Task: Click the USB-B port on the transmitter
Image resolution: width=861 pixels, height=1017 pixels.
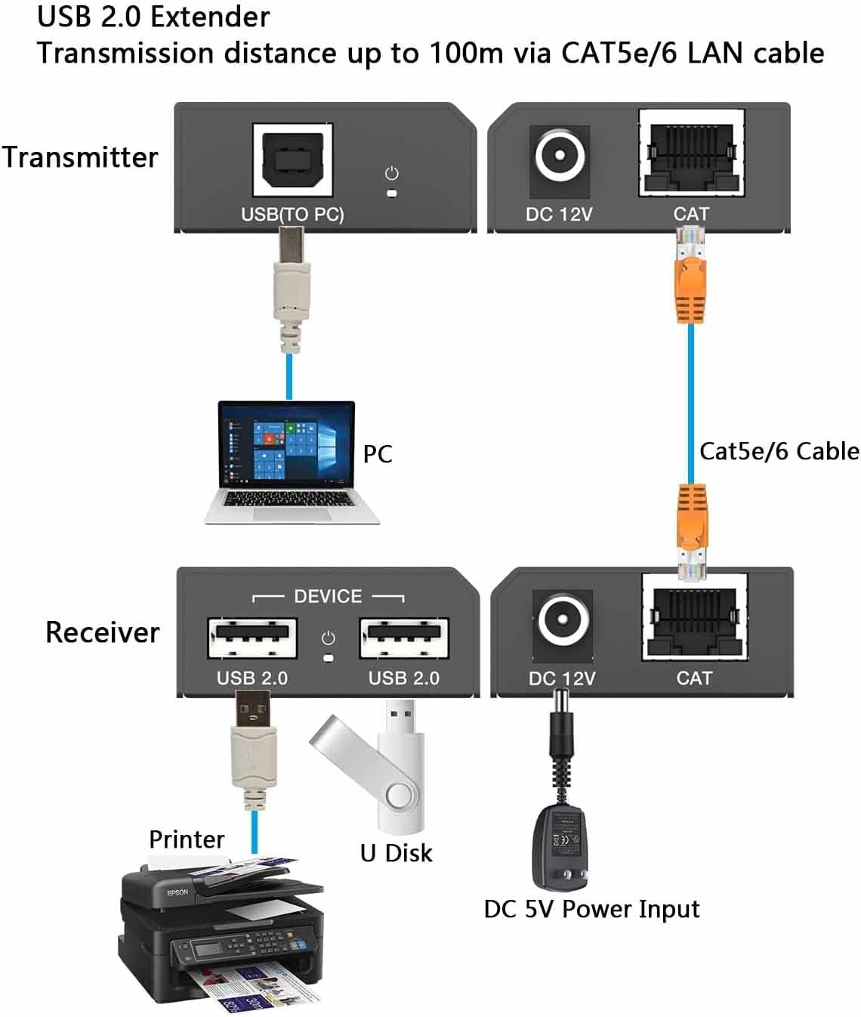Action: [x=292, y=161]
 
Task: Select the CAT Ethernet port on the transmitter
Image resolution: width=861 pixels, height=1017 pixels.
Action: [x=691, y=154]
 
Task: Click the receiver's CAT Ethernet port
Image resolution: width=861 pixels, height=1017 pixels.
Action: [x=694, y=617]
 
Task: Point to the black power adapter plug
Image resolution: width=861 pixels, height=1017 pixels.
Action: [x=560, y=846]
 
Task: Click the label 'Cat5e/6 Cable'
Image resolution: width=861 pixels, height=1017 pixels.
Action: [x=779, y=451]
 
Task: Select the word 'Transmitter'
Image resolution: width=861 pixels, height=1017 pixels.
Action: [x=80, y=157]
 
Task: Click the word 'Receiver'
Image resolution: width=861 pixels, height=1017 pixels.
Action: [x=103, y=632]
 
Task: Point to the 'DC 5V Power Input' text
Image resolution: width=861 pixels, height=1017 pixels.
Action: [x=591, y=909]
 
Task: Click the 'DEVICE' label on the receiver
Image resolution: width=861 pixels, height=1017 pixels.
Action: [x=328, y=596]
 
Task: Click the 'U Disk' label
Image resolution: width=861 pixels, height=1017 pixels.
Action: [x=396, y=853]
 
